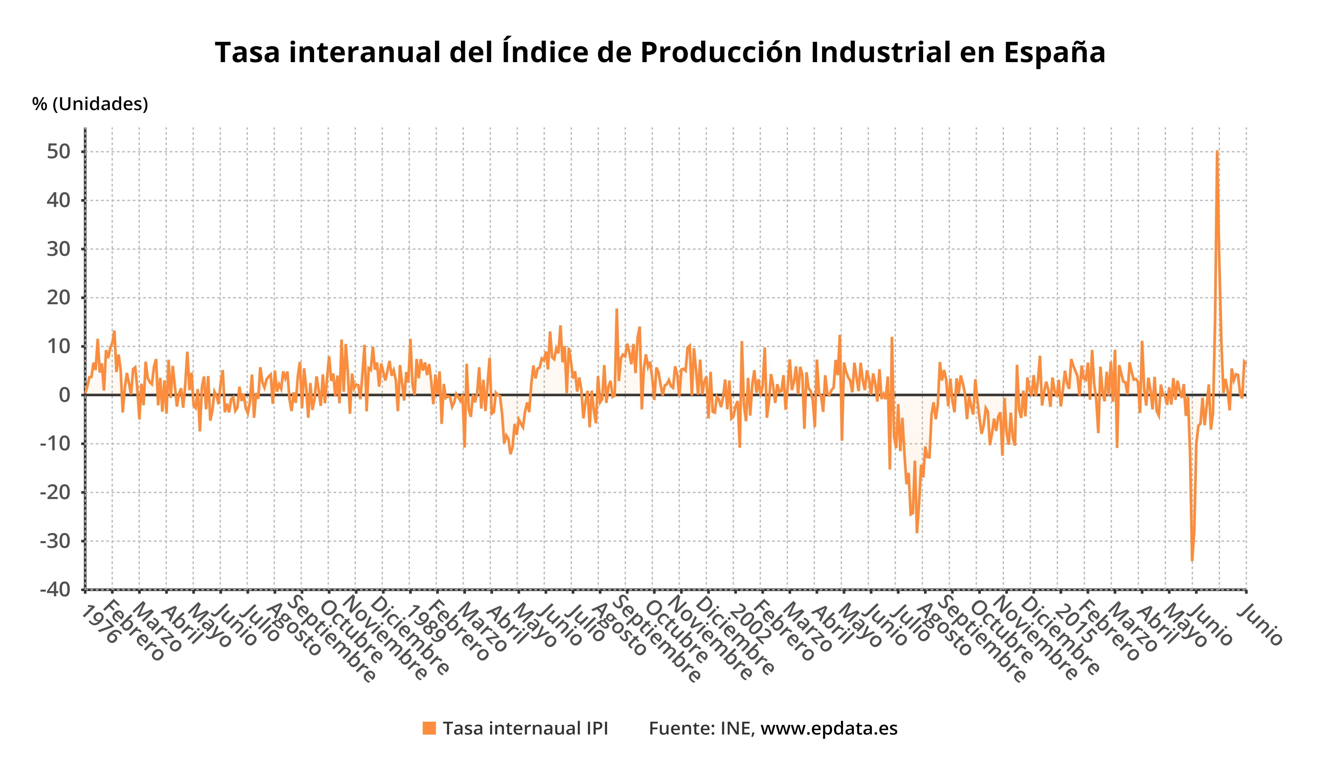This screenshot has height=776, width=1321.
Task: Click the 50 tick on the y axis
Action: coord(58,152)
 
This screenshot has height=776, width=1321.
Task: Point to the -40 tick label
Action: coord(55,590)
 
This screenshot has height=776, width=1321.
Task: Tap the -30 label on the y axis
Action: coord(55,541)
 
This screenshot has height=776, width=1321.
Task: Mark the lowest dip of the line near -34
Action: coord(1192,561)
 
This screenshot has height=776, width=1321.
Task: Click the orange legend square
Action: coord(429,728)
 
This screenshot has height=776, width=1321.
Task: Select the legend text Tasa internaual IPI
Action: coord(525,728)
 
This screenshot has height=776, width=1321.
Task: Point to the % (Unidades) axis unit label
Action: coord(90,104)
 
